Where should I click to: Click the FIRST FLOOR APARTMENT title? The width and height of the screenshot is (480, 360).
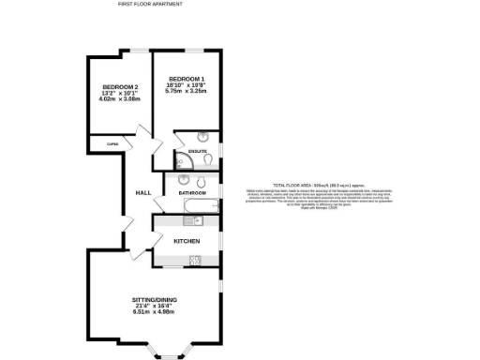click(150, 5)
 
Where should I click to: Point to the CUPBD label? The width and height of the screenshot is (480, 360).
click(112, 143)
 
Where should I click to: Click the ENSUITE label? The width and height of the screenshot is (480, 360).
click(197, 150)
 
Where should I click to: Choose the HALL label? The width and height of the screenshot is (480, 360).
click(143, 192)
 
